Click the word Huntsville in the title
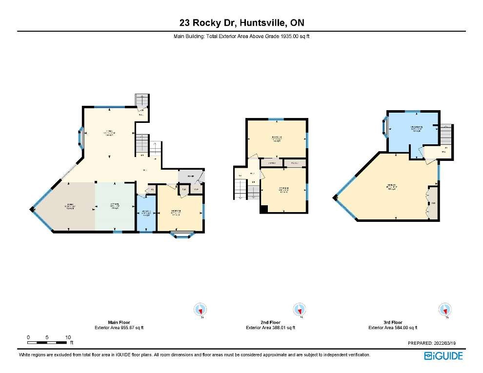tap(262, 22)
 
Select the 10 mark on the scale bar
tap(68, 337)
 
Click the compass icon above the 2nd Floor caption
tap(298, 310)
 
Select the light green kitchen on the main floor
tap(114, 206)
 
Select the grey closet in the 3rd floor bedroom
tap(433, 202)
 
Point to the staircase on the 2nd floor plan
tap(241, 188)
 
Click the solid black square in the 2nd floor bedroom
tap(264, 210)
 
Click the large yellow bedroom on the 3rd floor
tap(390, 188)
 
